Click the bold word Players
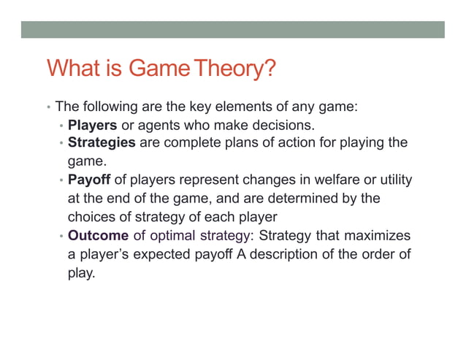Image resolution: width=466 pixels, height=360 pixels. tap(93, 125)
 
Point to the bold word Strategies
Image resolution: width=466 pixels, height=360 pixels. tap(102, 142)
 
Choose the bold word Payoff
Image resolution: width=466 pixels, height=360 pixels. tap(88, 180)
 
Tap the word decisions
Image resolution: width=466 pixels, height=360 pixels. tap(286, 125)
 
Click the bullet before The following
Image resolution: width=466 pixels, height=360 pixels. tap(47, 107)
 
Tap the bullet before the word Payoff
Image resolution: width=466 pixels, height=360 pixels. tap(61, 180)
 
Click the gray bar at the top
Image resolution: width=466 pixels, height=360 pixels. tap(232, 29)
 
